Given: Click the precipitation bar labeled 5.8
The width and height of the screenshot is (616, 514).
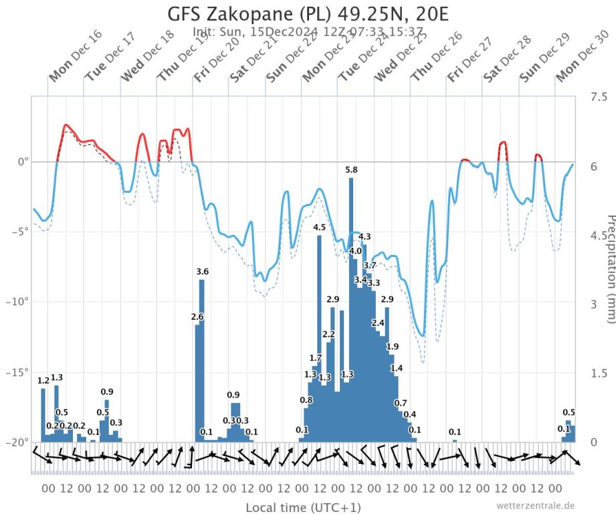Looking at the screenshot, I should (x=351, y=308).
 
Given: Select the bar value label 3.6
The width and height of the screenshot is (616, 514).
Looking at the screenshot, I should (x=203, y=271).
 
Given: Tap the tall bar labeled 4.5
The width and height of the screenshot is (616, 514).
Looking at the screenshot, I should (x=319, y=335).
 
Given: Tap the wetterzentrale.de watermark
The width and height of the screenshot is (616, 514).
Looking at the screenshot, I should (x=535, y=505).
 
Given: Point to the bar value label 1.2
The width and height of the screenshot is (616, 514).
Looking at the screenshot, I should (x=43, y=381).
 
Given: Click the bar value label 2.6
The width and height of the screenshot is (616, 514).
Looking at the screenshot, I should (x=197, y=317).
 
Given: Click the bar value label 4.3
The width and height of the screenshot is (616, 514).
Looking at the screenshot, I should (x=365, y=237).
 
